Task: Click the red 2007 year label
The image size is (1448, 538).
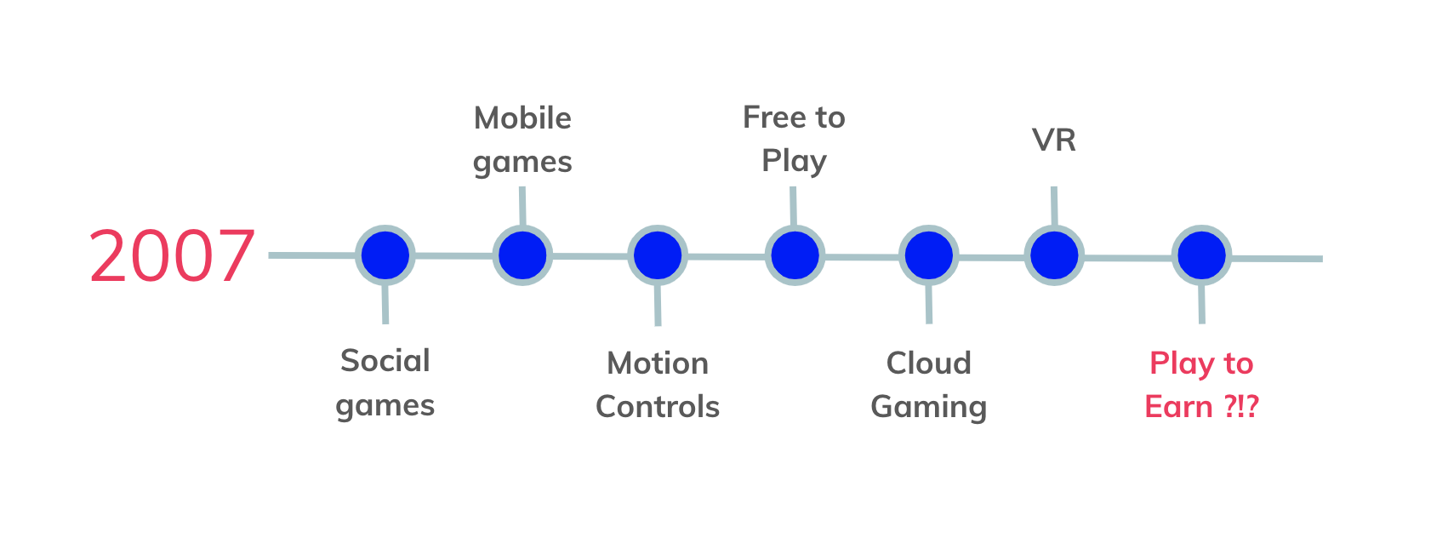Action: (172, 256)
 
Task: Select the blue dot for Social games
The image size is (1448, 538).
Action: (385, 255)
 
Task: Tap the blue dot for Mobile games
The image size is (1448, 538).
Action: (522, 255)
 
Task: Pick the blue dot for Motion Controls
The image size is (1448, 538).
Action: (658, 255)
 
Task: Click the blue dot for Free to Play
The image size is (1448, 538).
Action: (795, 255)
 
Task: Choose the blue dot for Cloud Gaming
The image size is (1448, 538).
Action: (929, 255)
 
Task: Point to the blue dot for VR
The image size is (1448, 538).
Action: (1054, 255)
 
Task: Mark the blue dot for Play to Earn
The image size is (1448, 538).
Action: (1202, 255)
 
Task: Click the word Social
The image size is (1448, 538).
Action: (385, 360)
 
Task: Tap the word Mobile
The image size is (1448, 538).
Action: (522, 117)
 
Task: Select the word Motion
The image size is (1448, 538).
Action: (658, 363)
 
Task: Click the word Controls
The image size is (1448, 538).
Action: (658, 407)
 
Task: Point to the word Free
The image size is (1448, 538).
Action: (774, 117)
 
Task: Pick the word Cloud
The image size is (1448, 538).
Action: (929, 363)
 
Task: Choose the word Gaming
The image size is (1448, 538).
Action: (929, 408)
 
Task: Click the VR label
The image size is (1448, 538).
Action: (1054, 140)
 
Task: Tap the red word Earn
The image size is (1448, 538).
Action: (1178, 407)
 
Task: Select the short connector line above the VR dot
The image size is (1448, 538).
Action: (1054, 206)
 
